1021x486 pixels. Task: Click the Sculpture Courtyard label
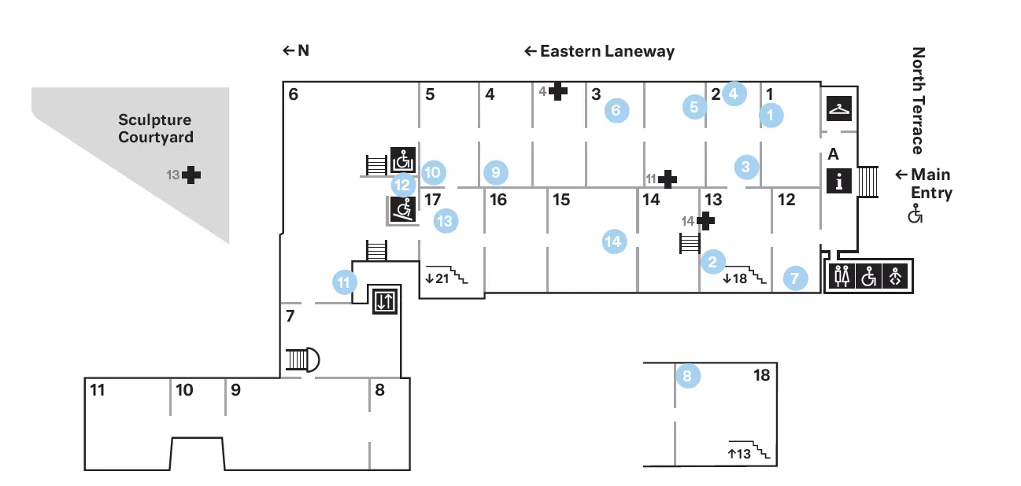[156, 128]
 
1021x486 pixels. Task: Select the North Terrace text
[918, 101]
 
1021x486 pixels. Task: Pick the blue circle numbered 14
[613, 241]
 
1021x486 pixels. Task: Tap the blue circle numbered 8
[686, 377]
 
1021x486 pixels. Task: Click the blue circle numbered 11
[344, 282]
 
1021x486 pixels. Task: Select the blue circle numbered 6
[616, 110]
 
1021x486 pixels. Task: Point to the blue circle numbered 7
[795, 278]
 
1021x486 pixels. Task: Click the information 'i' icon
[839, 182]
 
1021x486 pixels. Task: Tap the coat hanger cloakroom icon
[839, 108]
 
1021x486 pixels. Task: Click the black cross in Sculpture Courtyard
[191, 175]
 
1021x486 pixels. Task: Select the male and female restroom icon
[842, 277]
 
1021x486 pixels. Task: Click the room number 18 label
[761, 376]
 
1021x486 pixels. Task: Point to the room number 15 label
[560, 200]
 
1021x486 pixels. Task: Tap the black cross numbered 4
[558, 91]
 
